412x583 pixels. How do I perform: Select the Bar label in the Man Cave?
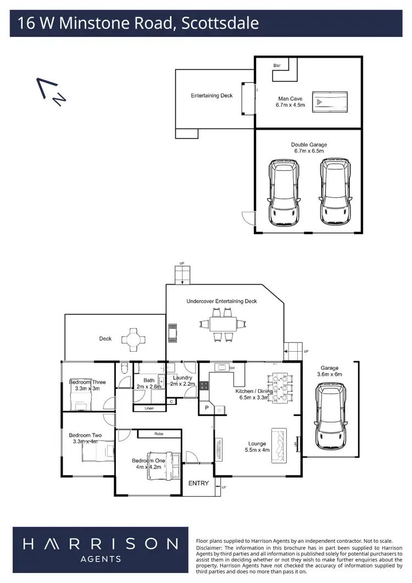(x=277, y=65)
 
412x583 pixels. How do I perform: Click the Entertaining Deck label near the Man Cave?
(x=211, y=96)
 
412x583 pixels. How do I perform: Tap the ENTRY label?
(x=198, y=483)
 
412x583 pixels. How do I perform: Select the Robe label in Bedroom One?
(x=159, y=434)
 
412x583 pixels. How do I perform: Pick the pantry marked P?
(x=207, y=408)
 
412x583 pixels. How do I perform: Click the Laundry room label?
(x=181, y=378)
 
